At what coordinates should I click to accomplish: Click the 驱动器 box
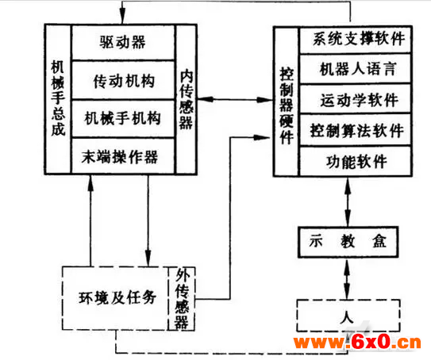123,42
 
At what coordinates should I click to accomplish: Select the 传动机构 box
123,80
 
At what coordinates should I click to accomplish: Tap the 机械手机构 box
123,119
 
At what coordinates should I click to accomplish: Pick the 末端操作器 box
123,155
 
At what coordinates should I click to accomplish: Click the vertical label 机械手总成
58,98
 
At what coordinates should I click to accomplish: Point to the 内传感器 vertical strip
186,99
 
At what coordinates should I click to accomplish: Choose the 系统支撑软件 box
356,40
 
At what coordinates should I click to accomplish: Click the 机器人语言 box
356,68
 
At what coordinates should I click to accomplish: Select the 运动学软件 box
356,99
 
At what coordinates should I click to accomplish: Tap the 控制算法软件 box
356,130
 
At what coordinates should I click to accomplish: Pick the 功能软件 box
356,161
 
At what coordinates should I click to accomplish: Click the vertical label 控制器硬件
287,105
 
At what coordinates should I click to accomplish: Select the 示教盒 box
348,242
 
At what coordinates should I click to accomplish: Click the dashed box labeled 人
348,316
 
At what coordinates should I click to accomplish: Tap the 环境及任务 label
117,297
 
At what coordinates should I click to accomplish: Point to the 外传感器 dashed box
182,298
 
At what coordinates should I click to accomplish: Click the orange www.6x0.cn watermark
357,343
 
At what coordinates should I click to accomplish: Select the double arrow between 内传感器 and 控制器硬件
235,99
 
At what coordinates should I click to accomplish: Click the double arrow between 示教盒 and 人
348,278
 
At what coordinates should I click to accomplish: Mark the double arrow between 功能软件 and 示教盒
348,201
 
